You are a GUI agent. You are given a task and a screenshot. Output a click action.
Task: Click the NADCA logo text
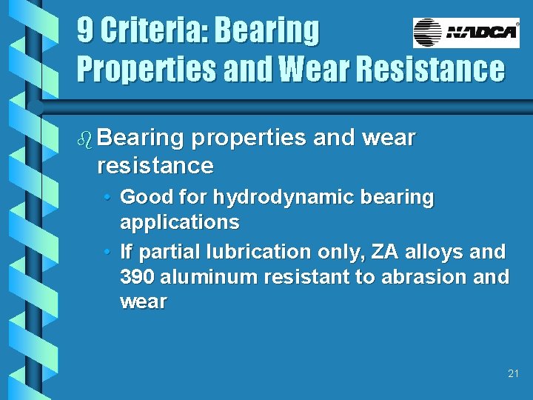481,33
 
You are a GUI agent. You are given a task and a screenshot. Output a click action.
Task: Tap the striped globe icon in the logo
428,33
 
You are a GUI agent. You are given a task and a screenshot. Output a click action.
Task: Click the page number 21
514,373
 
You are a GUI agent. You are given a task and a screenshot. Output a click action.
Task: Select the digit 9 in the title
85,31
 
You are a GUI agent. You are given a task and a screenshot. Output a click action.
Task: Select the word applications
179,222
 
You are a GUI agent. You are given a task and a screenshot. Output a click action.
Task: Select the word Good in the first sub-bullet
142,198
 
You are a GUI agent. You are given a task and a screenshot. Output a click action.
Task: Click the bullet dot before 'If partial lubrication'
108,252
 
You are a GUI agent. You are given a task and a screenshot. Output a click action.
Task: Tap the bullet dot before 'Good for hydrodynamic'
108,198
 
